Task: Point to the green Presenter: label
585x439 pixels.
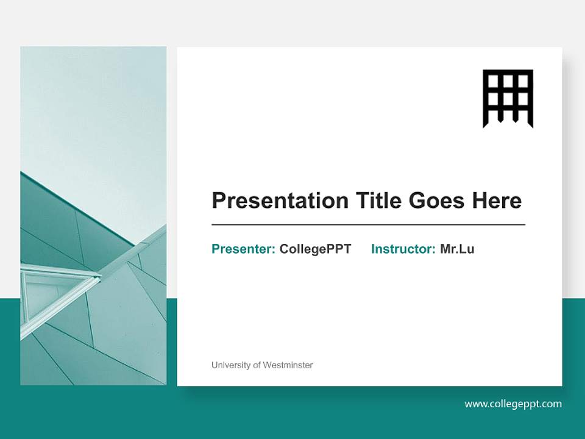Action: [x=243, y=249]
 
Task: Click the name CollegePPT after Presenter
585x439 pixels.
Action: [x=315, y=249]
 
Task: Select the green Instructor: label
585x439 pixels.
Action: [x=403, y=249]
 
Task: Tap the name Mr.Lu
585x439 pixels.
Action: [x=457, y=249]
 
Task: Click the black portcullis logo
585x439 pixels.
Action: [x=508, y=98]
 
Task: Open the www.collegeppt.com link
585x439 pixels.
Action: [x=513, y=404]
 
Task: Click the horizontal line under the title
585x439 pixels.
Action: [x=368, y=225]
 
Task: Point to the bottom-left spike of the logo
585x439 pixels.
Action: [x=486, y=124]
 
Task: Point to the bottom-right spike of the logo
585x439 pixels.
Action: [x=530, y=124]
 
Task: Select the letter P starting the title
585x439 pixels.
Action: [x=219, y=201]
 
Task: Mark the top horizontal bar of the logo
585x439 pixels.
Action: [x=508, y=72]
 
